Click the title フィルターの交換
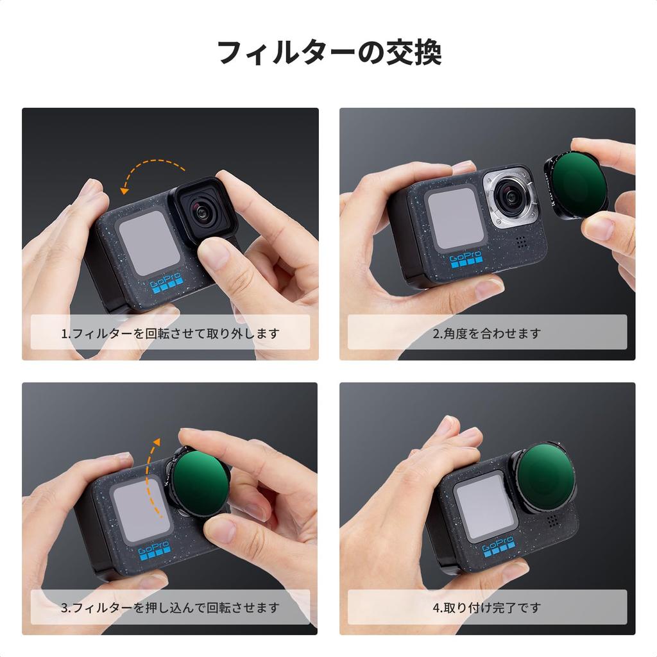(328, 53)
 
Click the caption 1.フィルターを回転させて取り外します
(170, 334)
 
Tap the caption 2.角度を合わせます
(487, 334)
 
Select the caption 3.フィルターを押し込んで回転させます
(170, 608)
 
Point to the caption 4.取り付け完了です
(487, 608)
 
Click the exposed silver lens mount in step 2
(510, 198)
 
